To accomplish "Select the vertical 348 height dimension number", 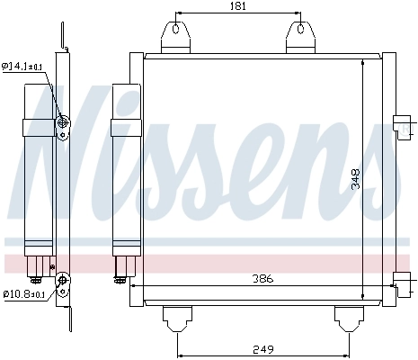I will tap(356, 180).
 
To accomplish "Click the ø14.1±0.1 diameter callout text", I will tap(22, 66).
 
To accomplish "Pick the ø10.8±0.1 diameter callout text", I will tap(22, 293).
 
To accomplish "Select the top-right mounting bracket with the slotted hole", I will tap(299, 36).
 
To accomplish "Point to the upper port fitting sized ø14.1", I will tap(62, 123).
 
